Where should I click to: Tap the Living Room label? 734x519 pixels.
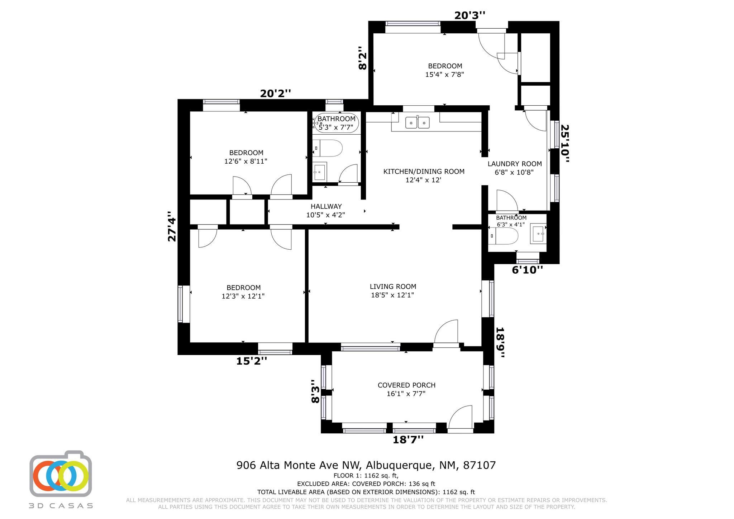[x=393, y=287]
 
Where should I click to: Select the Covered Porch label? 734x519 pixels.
[x=406, y=385]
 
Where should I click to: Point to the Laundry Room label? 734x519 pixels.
[x=515, y=164]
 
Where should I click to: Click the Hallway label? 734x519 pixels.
[x=326, y=206]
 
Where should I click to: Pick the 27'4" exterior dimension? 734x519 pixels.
[x=172, y=226]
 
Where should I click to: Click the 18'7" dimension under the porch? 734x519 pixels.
[x=408, y=439]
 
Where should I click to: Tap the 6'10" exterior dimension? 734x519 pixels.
[x=527, y=270]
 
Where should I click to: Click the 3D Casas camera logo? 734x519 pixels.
[x=61, y=474]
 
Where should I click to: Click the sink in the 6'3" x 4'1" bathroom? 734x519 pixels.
[x=538, y=234]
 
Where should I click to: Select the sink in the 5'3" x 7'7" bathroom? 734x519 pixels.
[x=320, y=172]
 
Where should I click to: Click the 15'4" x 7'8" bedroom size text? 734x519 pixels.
[x=445, y=75]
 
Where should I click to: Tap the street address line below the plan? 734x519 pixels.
[x=366, y=465]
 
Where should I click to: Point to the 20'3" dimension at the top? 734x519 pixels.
[x=470, y=15]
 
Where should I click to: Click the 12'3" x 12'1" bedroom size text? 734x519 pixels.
[x=243, y=296]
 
